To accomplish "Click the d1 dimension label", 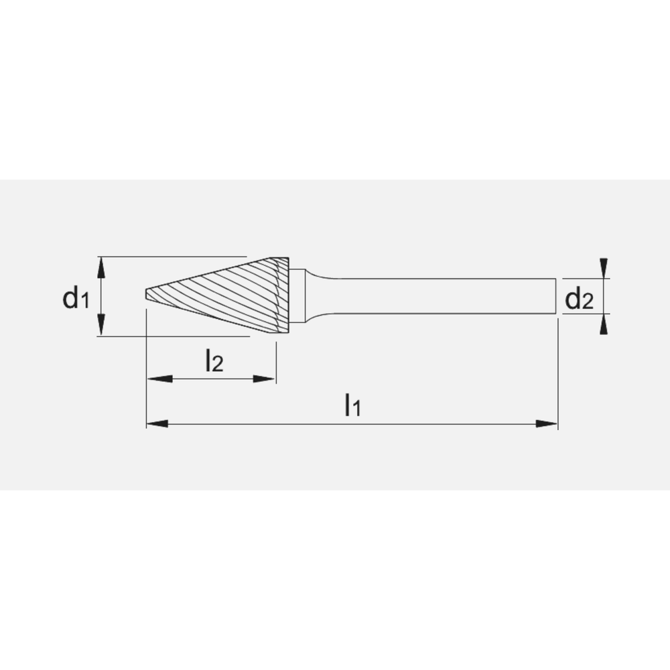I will [x=75, y=298].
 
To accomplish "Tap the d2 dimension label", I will [x=579, y=299].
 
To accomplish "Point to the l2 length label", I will [x=214, y=362].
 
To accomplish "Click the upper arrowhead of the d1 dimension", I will [x=101, y=266].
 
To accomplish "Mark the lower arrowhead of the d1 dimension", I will [x=101, y=326].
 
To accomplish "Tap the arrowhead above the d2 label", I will [x=604, y=268].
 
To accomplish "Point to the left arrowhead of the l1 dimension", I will [x=157, y=423].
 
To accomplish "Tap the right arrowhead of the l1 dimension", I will [x=547, y=423].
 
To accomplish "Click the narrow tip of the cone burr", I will [x=148, y=295].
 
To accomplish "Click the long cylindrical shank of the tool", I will [x=435, y=295].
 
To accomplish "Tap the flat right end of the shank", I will [x=555, y=295].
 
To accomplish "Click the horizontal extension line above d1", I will [x=174, y=257].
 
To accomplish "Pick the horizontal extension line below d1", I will [x=174, y=336].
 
